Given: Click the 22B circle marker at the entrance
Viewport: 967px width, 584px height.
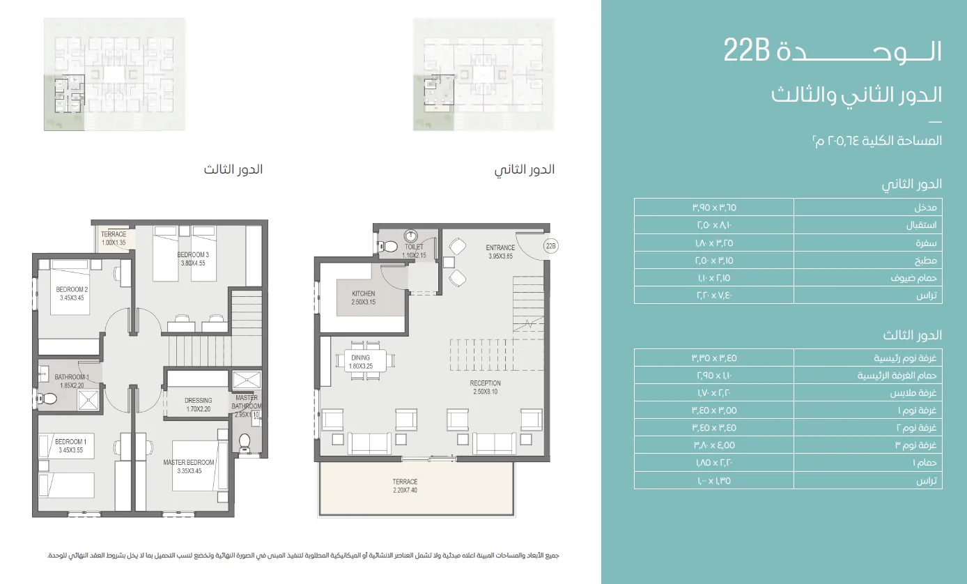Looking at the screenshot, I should (x=551, y=246).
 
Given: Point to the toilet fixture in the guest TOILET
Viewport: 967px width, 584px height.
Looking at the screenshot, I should (x=388, y=246).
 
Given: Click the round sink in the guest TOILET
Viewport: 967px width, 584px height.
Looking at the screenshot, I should (x=412, y=235).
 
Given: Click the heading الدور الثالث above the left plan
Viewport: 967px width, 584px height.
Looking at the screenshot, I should (x=233, y=170).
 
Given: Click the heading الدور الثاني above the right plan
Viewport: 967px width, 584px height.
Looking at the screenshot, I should (x=525, y=170).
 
